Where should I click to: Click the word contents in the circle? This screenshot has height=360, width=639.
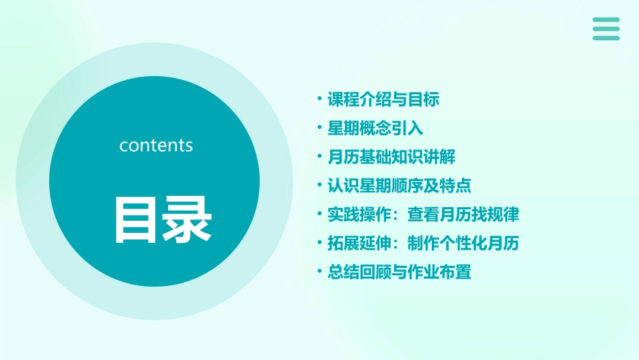click(x=156, y=145)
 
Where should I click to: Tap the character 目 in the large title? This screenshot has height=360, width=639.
click(x=135, y=220)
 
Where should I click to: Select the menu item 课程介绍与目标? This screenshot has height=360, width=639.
click(x=383, y=100)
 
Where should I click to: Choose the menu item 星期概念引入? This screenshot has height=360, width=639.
click(x=375, y=129)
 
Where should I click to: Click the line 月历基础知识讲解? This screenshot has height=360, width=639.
click(x=391, y=157)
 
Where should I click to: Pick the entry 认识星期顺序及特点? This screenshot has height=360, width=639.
click(x=400, y=186)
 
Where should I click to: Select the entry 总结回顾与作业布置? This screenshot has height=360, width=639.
click(x=400, y=273)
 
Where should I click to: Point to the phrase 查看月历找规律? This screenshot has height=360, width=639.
click(x=463, y=215)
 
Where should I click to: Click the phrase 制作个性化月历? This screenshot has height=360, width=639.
click(x=463, y=244)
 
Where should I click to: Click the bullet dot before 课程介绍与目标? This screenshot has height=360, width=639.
click(x=319, y=100)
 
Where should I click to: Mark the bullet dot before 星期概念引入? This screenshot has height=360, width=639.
click(x=319, y=129)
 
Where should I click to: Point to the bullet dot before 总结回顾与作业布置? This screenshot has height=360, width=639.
click(x=319, y=273)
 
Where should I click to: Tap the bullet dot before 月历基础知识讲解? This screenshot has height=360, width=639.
click(x=319, y=157)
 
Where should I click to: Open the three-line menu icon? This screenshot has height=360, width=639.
click(x=606, y=29)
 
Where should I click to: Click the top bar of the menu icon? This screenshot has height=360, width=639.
click(x=606, y=20)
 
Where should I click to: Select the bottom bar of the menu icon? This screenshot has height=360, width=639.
click(x=606, y=38)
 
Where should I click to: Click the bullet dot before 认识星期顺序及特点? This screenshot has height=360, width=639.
click(x=319, y=186)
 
